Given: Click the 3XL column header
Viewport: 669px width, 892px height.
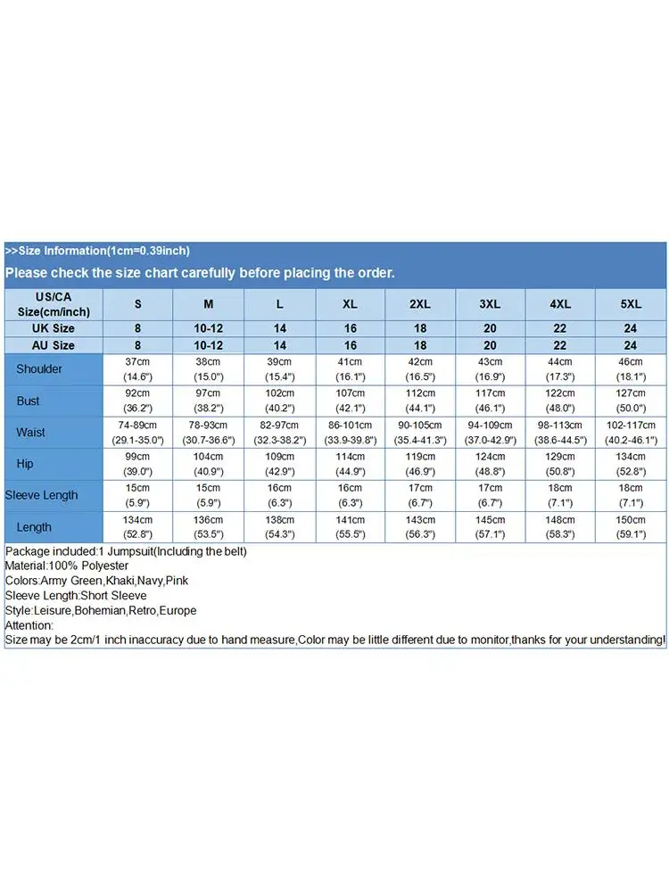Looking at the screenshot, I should tap(490, 304).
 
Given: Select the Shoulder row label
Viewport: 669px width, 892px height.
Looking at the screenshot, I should tap(39, 368).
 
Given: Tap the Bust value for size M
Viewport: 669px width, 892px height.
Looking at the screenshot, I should tap(208, 401).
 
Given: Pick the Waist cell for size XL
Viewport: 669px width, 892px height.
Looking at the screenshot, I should tap(350, 433).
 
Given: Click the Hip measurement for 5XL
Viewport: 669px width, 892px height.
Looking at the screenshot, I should tap(632, 464).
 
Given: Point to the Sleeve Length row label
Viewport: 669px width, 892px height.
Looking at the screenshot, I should tap(42, 495).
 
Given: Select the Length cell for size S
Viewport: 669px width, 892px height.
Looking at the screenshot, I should tap(137, 527).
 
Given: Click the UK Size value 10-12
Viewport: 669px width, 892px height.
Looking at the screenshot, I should tap(208, 328).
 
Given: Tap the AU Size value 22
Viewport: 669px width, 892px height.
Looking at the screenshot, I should tap(560, 345).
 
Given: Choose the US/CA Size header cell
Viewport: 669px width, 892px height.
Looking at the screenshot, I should tap(54, 303).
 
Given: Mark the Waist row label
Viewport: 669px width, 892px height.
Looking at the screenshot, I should tap(30, 433).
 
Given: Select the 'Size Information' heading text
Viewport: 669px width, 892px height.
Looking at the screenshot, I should tap(97, 251).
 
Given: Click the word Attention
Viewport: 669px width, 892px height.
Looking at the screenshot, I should tap(29, 625).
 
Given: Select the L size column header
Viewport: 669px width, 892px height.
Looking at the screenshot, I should tap(279, 304).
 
